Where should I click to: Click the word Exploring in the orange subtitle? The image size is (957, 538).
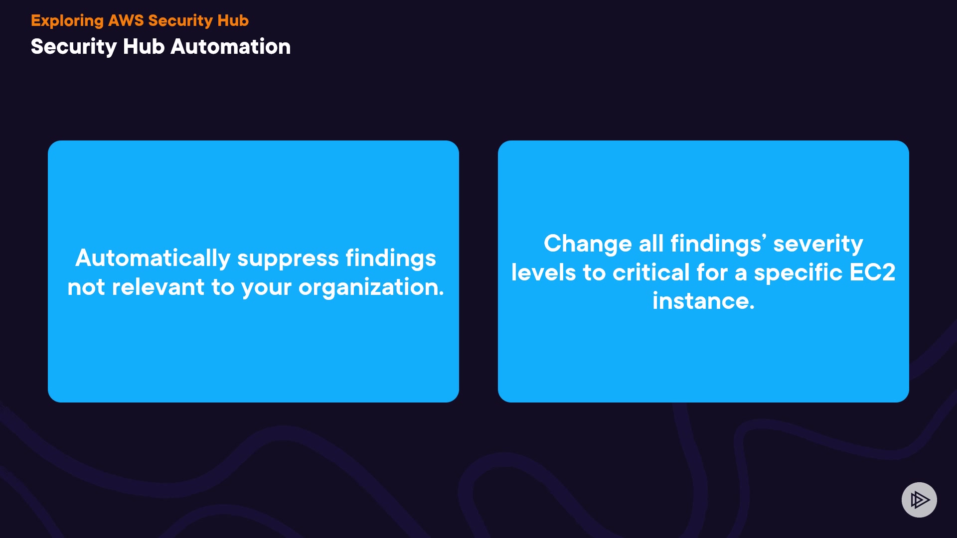pyautogui.click(x=67, y=21)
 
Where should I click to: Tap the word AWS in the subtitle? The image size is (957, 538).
pyautogui.click(x=126, y=20)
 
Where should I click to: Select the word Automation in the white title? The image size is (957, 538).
pyautogui.click(x=230, y=46)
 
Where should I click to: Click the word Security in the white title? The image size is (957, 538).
pyautogui.click(x=74, y=47)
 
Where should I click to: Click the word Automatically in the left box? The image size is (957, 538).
pyautogui.click(x=153, y=259)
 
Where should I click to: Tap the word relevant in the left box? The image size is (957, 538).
pyautogui.click(x=158, y=287)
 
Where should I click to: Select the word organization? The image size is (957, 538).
pyautogui.click(x=371, y=288)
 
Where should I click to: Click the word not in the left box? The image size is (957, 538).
pyautogui.click(x=86, y=288)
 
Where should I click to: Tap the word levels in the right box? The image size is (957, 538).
pyautogui.click(x=544, y=272)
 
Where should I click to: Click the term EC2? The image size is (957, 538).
pyautogui.click(x=872, y=272)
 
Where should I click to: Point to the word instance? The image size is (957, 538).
pyautogui.click(x=704, y=301)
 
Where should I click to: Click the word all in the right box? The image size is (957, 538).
pyautogui.click(x=651, y=244)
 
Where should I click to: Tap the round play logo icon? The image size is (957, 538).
pyautogui.click(x=919, y=500)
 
